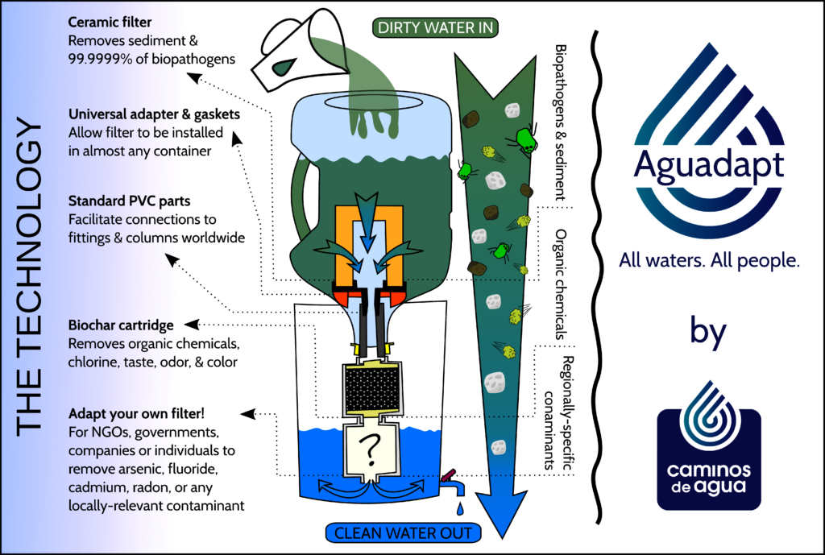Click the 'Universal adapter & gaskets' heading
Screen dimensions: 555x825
[x=154, y=115]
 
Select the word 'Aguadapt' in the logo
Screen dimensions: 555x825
[x=708, y=165]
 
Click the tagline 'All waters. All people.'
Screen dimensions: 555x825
[x=708, y=260]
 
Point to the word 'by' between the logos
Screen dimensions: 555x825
[x=708, y=330]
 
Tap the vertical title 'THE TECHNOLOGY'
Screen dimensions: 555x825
[x=31, y=278]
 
